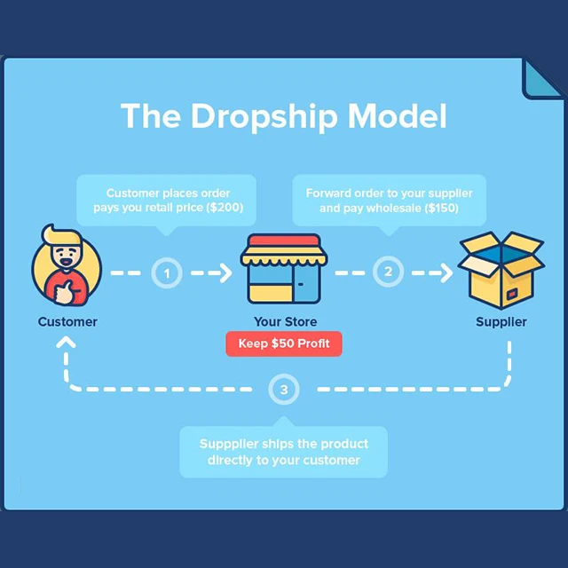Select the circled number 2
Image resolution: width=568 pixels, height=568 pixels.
[x=388, y=272]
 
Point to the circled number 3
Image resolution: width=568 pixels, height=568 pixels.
[x=283, y=389]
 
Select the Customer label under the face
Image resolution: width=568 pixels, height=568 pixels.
[x=67, y=321]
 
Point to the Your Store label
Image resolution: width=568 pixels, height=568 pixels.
[x=284, y=321]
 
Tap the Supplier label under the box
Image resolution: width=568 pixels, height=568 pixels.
[x=501, y=321]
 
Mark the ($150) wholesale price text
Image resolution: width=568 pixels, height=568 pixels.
[x=442, y=208]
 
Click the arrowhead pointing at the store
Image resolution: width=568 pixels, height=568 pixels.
[x=225, y=272]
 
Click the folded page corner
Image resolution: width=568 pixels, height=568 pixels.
[x=541, y=77]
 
